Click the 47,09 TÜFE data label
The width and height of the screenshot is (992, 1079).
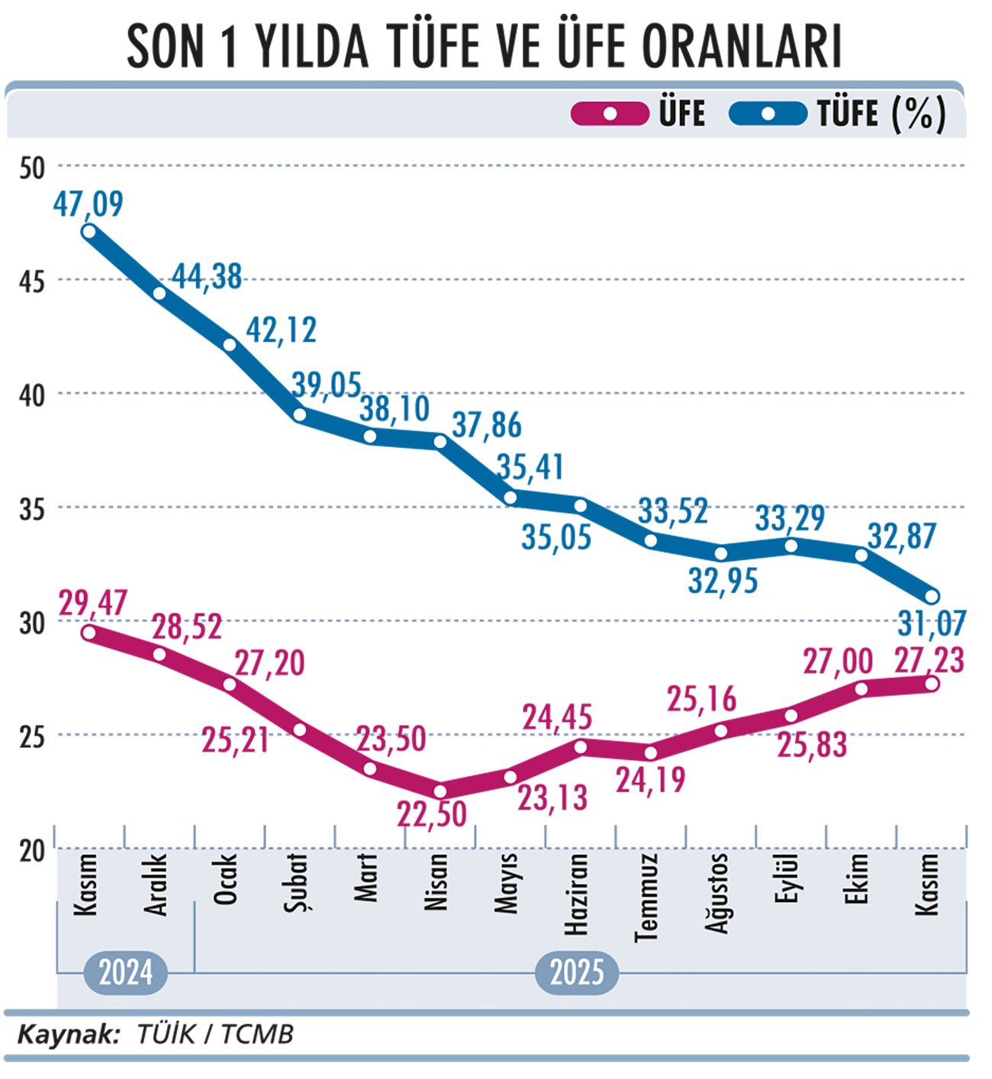tap(89, 204)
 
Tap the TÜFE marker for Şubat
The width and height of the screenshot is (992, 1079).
tap(300, 414)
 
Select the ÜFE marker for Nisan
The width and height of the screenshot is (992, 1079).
tap(440, 791)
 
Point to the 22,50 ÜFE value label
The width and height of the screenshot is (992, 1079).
tap(432, 815)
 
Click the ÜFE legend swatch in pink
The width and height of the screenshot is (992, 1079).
tap(610, 114)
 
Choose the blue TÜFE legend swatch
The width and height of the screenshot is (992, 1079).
tap(768, 114)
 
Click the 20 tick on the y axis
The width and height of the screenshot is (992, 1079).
tap(32, 850)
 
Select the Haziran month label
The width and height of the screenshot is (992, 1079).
tap(577, 894)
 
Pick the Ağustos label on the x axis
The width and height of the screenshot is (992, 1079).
tap(717, 893)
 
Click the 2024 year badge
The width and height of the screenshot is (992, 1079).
tap(126, 973)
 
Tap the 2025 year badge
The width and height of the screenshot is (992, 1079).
tap(577, 973)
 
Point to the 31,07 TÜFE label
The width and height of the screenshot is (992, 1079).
tap(932, 623)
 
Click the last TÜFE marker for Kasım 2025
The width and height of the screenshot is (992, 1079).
tap(932, 596)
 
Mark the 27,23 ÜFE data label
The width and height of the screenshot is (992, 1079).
tap(929, 660)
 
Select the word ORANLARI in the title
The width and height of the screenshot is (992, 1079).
tap(742, 47)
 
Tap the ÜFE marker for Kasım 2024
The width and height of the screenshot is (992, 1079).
tap(89, 632)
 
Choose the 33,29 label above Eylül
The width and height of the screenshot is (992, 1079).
tap(790, 519)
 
